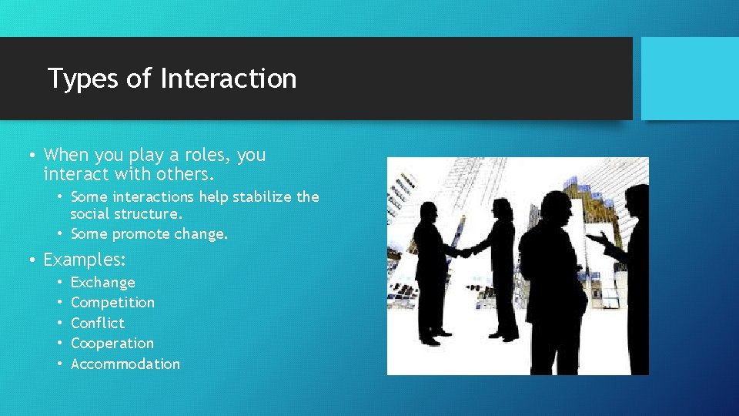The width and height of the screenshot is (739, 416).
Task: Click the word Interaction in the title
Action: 229,79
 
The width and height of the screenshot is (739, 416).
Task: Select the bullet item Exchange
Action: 102,283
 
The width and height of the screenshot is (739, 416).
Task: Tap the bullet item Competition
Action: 112,303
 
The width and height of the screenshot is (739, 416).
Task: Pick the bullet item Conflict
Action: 97,323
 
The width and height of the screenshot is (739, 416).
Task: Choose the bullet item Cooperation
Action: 112,344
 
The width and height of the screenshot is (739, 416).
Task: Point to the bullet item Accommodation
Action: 125,364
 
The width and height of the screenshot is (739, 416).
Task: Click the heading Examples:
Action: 85,260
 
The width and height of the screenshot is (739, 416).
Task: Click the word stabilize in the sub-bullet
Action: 263,196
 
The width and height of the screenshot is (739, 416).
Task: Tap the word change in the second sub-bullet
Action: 202,233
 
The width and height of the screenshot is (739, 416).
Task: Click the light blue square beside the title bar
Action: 690,79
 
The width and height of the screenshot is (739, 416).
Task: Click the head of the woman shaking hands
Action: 503,209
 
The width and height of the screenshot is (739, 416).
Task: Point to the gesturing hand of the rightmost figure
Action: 597,239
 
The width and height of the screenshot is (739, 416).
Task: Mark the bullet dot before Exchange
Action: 59,283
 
